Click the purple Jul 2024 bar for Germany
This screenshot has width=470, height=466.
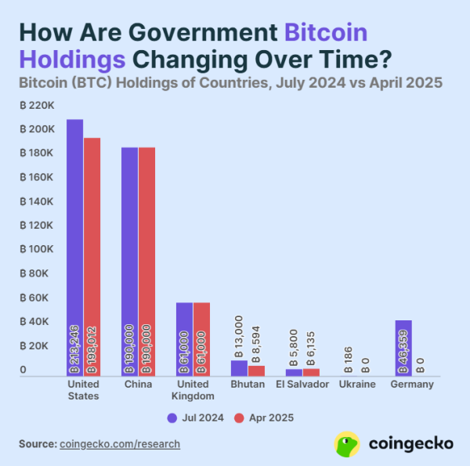click(403, 348)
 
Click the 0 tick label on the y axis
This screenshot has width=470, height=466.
click(23, 370)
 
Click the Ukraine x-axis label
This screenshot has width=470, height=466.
click(357, 385)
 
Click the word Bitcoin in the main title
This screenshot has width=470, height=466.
click(325, 33)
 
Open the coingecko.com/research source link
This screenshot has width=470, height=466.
click(120, 444)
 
